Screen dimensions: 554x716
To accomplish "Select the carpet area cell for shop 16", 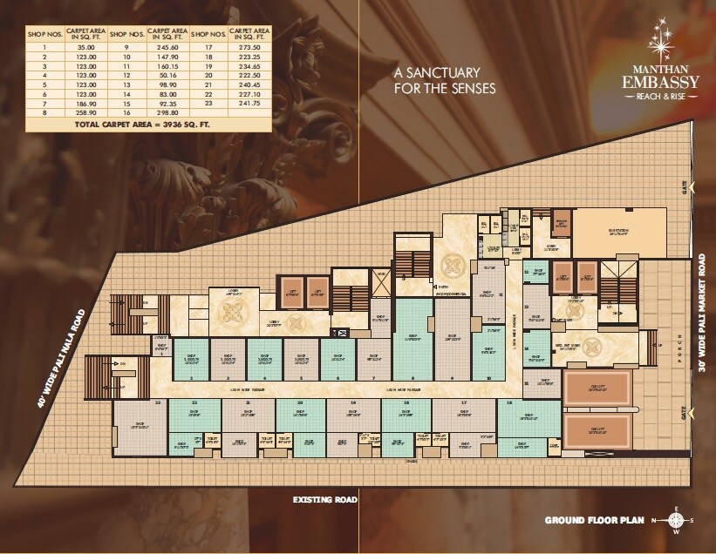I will pos(166,113).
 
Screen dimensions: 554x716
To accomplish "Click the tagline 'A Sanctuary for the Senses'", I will pos(444,80).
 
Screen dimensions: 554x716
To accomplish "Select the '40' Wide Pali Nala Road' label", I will pos(61,358).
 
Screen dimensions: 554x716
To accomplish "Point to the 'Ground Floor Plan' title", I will pos(595,521).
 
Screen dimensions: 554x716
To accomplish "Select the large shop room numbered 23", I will pos(140,427).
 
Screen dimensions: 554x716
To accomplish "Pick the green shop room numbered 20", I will pos(299,416).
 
